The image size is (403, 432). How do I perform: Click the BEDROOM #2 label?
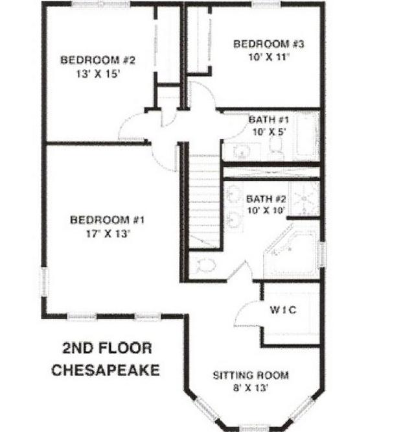coord(98,60)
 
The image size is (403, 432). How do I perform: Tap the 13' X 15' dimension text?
coord(98,74)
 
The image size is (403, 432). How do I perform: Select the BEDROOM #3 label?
coord(269,44)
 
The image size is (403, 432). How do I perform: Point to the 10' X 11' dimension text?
coord(269,57)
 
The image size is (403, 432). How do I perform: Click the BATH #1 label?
coord(269,120)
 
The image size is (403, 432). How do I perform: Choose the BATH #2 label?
coord(266,199)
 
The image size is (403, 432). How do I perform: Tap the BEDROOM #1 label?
coord(107,220)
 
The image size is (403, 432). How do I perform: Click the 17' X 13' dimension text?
coord(108,234)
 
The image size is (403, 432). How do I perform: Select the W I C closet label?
coord(283,310)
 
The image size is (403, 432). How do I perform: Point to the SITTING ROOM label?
coord(251,376)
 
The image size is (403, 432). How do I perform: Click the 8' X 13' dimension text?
coord(251,388)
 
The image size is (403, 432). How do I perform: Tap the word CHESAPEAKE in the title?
coord(106,370)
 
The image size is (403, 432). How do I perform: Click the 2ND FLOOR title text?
coord(107,348)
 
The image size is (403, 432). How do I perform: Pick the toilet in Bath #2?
coord(203,265)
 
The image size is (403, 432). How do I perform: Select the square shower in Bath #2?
coord(304,198)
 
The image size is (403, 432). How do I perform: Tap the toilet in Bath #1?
coord(276,148)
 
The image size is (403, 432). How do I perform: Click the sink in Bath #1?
coord(242,151)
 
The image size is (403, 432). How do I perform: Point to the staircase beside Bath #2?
coord(204,201)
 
